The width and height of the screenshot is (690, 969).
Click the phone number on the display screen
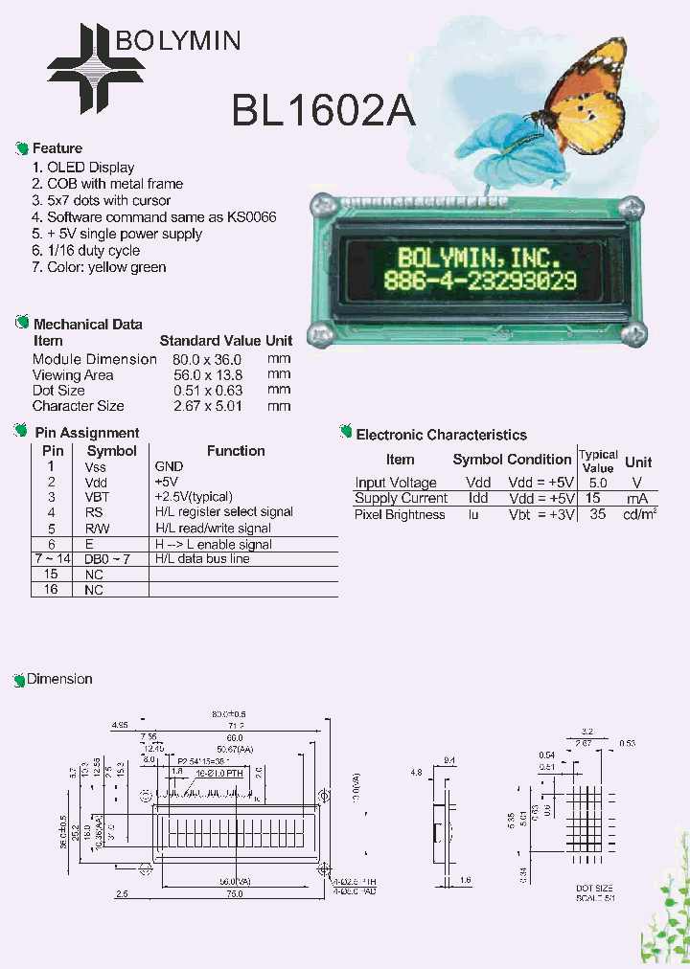pyautogui.click(x=479, y=281)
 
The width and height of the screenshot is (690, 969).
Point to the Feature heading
pyautogui.click(x=57, y=148)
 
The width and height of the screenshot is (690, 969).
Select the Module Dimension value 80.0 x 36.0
pyautogui.click(x=208, y=359)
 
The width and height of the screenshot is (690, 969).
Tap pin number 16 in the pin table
pyautogui.click(x=52, y=590)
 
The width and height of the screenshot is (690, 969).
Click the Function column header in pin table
pyautogui.click(x=236, y=451)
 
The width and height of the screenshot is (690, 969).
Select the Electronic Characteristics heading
pyautogui.click(x=441, y=435)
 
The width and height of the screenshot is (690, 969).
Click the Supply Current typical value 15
pyautogui.click(x=593, y=499)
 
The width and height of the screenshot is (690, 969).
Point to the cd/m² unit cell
pyautogui.click(x=640, y=515)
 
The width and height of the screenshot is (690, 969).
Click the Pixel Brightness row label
pyautogui.click(x=400, y=515)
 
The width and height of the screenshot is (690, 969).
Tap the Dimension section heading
pyautogui.click(x=59, y=679)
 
